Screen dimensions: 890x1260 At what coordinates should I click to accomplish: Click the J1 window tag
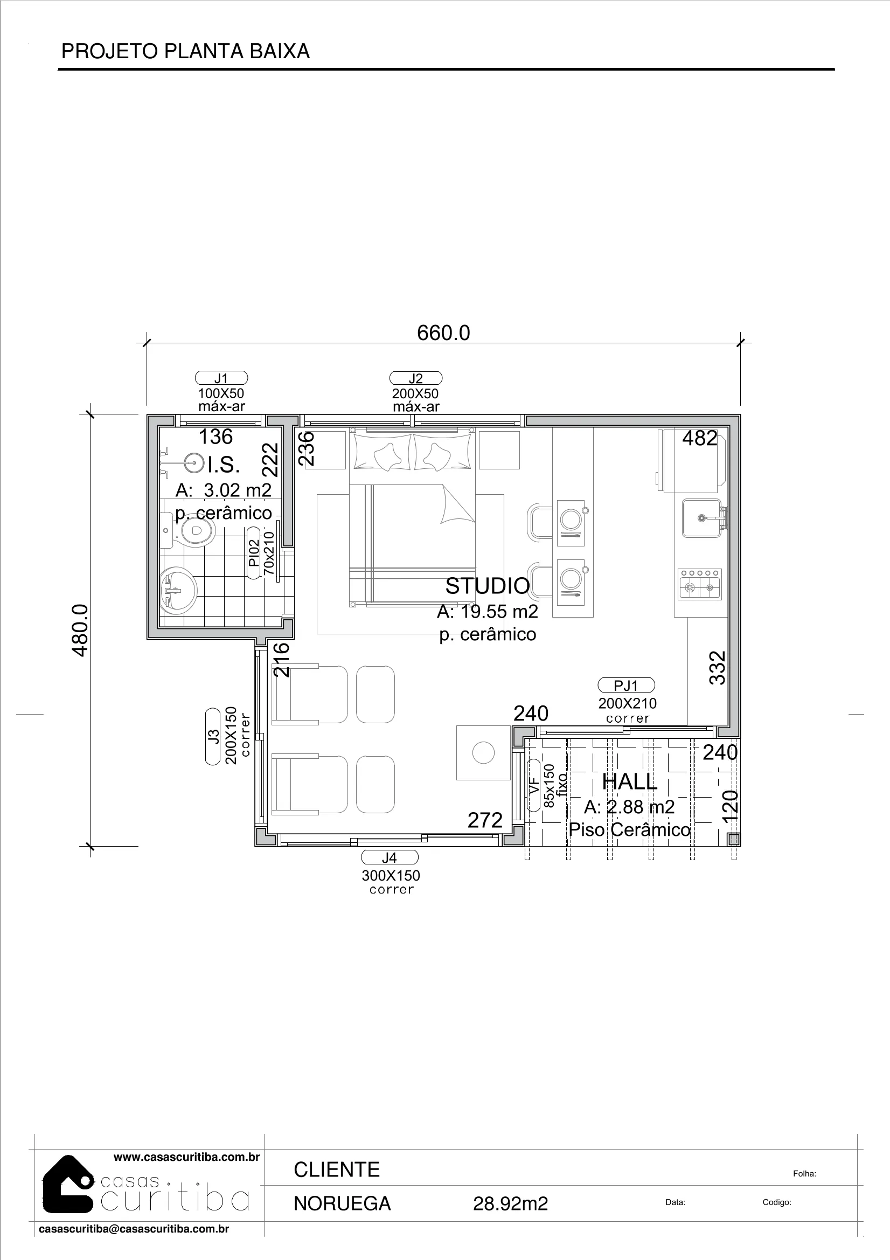coord(221,378)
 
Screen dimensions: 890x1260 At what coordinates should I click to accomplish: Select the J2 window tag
coord(415,378)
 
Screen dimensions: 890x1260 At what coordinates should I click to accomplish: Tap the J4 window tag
coord(389,857)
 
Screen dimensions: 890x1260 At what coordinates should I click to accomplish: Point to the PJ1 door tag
coord(626,686)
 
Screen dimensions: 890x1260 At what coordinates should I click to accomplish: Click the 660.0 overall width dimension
coord(443,333)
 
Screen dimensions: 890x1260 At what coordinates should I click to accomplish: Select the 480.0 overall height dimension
coord(80,631)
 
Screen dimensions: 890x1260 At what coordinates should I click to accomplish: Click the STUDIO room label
coord(487,586)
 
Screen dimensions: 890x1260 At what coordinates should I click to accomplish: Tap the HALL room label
coord(629,782)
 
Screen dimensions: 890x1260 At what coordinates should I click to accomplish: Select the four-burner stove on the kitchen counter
coord(700,584)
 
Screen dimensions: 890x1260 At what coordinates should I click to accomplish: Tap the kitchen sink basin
coord(701,518)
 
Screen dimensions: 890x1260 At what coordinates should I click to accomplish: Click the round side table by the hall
coord(483,752)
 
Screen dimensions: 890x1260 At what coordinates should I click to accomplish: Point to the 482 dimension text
coord(700,438)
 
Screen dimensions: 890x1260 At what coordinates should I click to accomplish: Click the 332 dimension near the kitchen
coord(718,668)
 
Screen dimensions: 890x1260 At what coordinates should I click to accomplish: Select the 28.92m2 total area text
coord(510,1203)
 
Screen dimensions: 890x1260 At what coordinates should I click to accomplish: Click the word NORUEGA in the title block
coord(343,1203)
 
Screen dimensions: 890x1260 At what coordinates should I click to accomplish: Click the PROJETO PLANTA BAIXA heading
coord(185,51)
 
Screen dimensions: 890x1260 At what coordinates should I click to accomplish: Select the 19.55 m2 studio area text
coord(499,611)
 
